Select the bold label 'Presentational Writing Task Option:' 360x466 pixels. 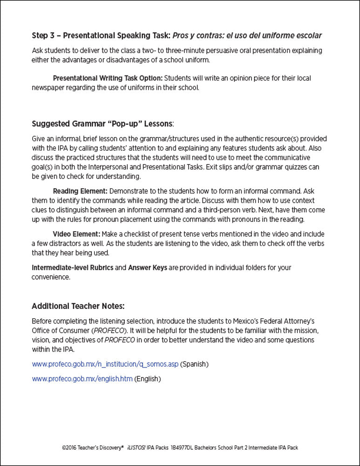click(108, 78)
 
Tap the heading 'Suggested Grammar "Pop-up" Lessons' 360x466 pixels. click(102, 124)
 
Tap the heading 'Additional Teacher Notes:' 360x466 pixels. click(78, 306)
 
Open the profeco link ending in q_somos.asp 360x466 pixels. click(105, 363)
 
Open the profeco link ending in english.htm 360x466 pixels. click(82, 379)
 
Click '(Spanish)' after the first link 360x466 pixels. click(194, 363)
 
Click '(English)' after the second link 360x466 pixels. click(147, 379)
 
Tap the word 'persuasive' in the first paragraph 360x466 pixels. click(198, 50)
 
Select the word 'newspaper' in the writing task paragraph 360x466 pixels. click(47, 87)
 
